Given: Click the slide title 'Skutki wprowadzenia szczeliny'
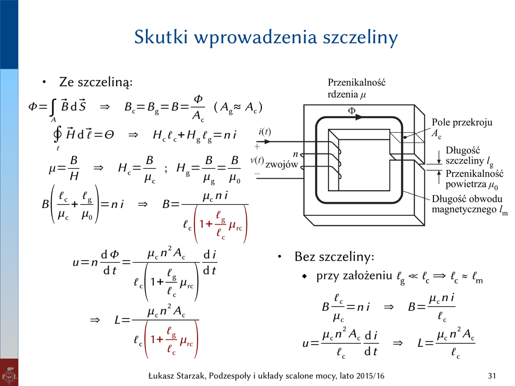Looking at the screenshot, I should [266, 38].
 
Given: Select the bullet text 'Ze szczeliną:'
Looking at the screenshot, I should [96, 82].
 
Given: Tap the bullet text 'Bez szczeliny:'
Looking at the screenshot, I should [334, 258].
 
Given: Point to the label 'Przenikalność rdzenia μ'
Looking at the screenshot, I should [357, 88].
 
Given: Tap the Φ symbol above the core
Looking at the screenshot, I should [351, 110].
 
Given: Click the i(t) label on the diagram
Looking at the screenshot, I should [265, 132].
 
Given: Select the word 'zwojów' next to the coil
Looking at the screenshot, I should [282, 165].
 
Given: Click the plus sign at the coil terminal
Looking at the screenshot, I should [257, 147].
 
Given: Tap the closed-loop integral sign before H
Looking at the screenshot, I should [58, 135].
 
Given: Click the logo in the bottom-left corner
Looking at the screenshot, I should [9, 373].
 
